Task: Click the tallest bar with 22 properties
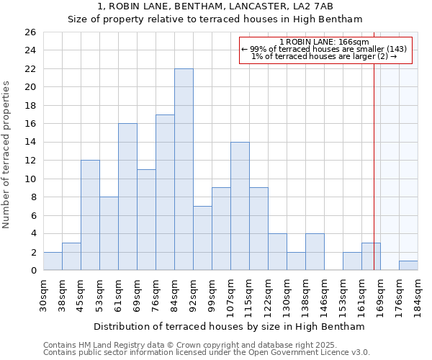point(184,169)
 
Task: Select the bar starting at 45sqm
point(90,215)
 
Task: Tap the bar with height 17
point(165,192)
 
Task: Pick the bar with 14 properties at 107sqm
point(240,206)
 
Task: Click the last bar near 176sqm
point(408,266)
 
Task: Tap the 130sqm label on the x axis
point(287,293)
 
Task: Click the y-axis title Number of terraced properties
point(7,155)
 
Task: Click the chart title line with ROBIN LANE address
point(215,6)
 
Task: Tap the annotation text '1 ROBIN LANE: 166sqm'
point(324,42)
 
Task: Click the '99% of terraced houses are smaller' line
point(324,49)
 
